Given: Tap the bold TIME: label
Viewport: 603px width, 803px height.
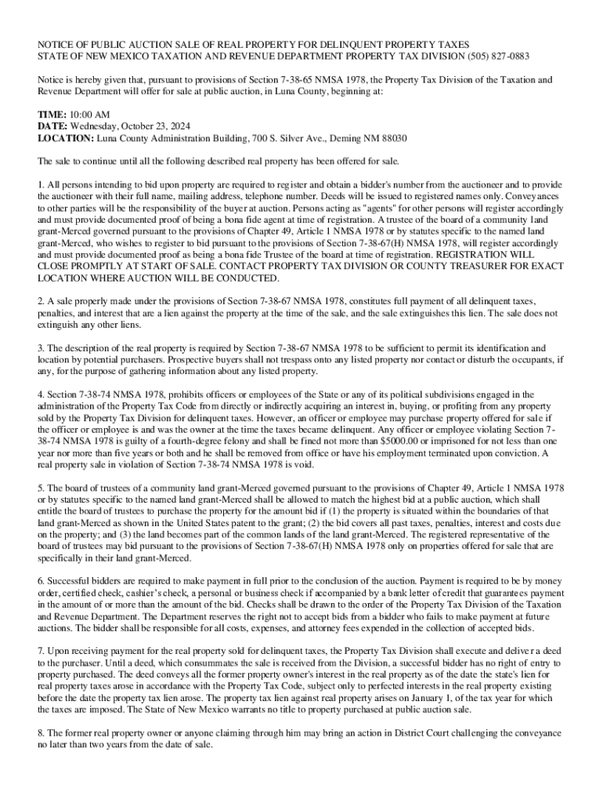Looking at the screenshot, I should click(52, 114).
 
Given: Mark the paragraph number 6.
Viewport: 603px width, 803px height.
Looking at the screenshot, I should click(41, 581).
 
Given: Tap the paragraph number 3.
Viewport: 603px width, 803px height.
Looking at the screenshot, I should click(41, 347).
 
